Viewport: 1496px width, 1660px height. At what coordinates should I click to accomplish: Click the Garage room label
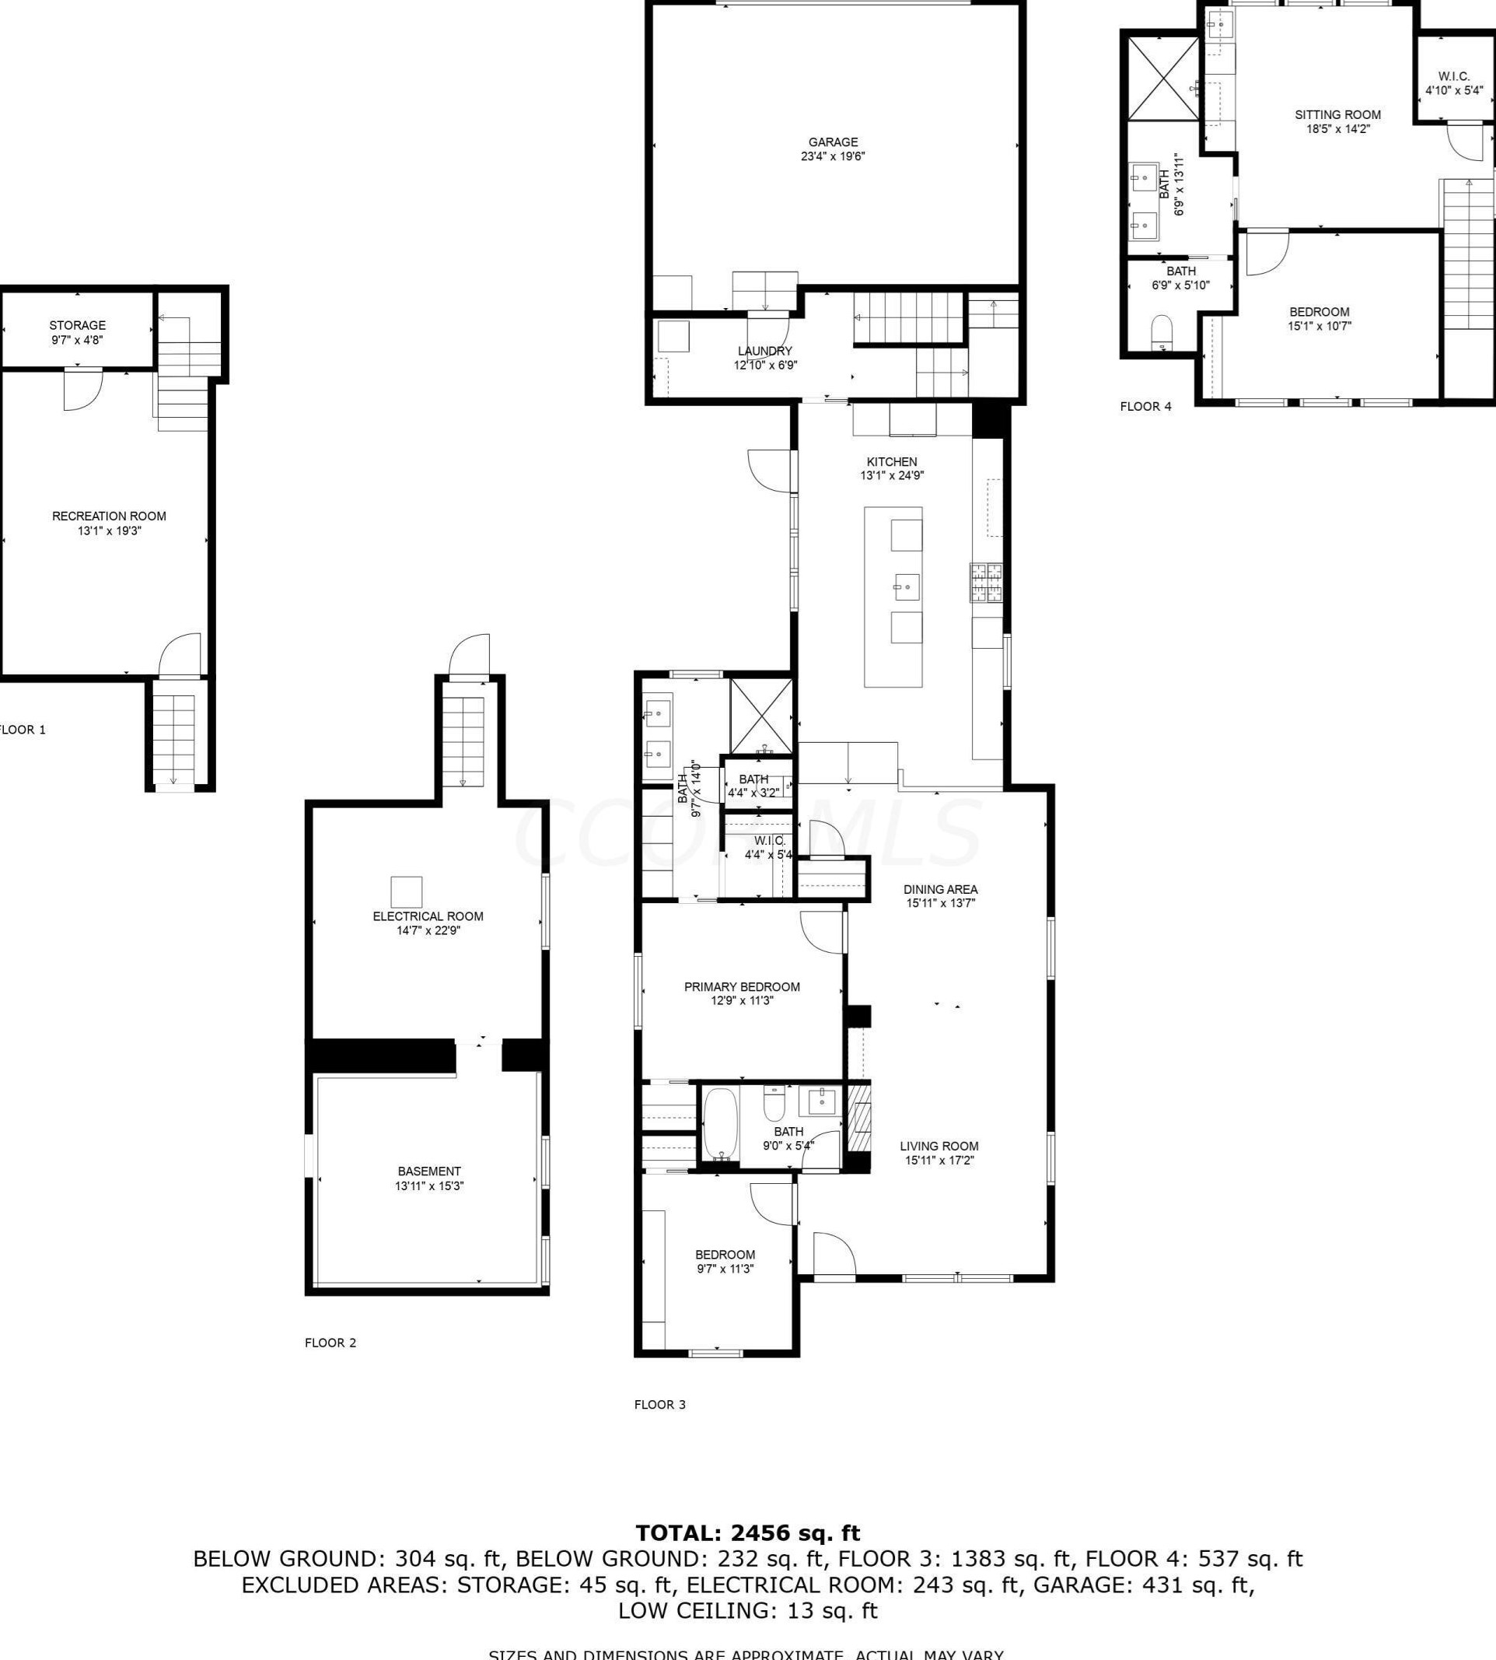(833, 142)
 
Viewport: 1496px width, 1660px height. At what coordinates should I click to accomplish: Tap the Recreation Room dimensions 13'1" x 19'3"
(110, 531)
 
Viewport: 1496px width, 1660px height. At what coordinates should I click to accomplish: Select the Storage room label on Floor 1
(77, 326)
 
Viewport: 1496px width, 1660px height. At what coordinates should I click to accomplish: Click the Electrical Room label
(428, 916)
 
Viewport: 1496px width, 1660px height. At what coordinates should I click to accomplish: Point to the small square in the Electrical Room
(406, 892)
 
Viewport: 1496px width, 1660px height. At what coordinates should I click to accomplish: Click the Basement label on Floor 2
(429, 1171)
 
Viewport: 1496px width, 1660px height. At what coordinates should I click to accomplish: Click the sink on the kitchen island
(907, 587)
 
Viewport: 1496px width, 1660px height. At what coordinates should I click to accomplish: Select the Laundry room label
(764, 351)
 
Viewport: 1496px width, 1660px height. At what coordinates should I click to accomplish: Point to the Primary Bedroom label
(742, 986)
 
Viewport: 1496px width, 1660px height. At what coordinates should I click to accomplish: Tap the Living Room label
(938, 1146)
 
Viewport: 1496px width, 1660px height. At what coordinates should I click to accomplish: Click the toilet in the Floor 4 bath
(1162, 331)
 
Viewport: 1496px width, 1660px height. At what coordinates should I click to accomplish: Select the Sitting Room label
(1337, 115)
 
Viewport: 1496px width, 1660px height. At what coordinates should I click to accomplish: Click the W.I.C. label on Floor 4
(1453, 76)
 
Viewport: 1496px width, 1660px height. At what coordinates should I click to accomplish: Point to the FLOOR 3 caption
(659, 1404)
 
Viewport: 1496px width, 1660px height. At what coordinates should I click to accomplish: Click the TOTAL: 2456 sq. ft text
(747, 1532)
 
